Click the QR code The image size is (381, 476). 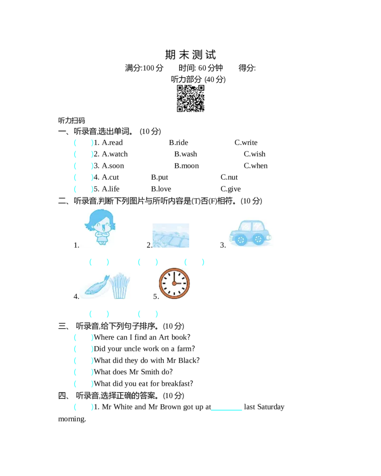190,98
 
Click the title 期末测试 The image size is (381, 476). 190,55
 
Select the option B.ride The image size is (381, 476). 179,143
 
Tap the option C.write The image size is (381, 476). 246,143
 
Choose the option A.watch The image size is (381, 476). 115,154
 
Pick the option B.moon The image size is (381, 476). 186,166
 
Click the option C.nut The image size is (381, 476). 229,177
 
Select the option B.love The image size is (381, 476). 161,189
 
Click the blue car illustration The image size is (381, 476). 250,233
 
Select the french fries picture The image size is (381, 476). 120,286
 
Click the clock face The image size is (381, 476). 174,283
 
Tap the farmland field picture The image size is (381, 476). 170,235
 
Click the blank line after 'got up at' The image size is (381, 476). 227,410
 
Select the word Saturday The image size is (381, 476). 271,407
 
